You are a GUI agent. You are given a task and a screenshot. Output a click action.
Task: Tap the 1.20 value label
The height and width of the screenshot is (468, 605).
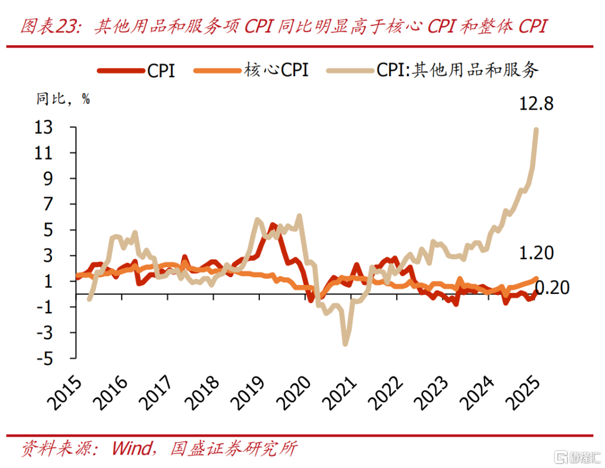pos(537,253)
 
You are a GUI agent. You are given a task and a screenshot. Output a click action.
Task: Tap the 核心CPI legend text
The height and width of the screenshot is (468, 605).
pos(276,71)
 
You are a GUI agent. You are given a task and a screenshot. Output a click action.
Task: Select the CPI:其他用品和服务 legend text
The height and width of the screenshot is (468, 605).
pos(457,71)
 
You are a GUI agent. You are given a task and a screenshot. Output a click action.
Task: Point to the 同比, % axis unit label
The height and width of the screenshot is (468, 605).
pos(63,100)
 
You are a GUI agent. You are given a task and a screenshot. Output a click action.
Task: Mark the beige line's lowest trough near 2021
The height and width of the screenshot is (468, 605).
pos(345,343)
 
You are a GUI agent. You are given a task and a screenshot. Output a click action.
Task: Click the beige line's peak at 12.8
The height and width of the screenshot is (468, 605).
pos(536,130)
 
